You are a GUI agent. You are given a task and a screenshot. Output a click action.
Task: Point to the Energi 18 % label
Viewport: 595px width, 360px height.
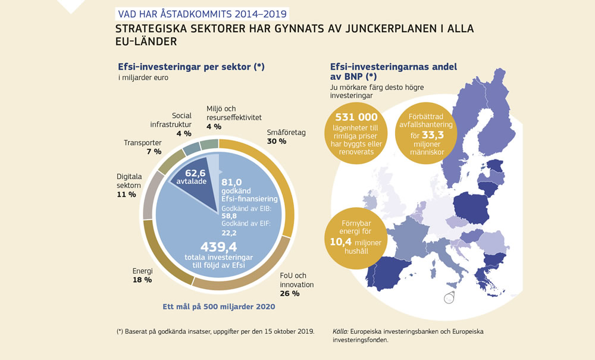pos(142,275)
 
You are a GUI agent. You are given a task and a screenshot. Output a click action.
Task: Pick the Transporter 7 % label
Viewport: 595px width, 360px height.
pos(142,147)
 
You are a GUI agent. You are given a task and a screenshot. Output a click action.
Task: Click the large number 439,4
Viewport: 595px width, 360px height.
pos(218,246)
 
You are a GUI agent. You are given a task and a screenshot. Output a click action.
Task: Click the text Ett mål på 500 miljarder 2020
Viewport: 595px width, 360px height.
pos(218,307)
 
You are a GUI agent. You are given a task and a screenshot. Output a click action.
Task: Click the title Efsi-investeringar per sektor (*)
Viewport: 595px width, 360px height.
pos(191,67)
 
